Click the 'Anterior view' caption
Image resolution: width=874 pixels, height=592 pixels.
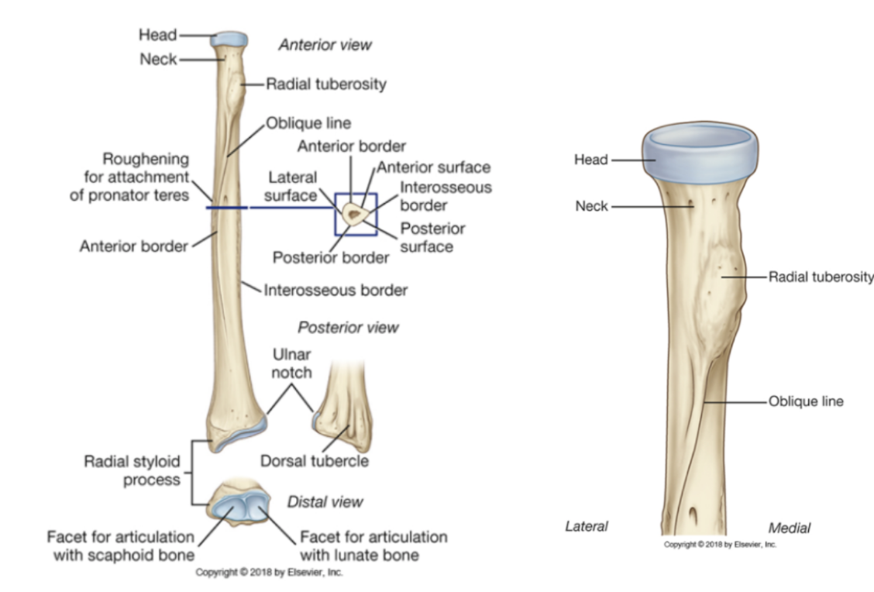coord(325,44)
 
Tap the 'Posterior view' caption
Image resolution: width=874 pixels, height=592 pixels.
coord(348,327)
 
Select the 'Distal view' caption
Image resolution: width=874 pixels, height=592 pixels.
coord(325,502)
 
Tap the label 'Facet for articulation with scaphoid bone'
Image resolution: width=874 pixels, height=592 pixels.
coord(120,546)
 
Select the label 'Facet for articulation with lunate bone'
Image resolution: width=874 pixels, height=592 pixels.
coord(373,546)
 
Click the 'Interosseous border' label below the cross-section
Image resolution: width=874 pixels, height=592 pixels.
coord(335,291)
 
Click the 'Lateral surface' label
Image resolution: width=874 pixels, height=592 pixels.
coord(291,188)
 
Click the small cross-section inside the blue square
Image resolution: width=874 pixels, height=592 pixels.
coord(355,212)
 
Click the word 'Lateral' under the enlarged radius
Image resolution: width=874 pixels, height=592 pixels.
coord(586,527)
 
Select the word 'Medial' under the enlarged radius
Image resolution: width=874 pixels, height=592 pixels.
coord(789,528)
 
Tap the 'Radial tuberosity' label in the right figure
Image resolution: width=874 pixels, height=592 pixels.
coord(821,277)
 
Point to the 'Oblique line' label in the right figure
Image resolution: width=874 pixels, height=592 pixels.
coord(806,401)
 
